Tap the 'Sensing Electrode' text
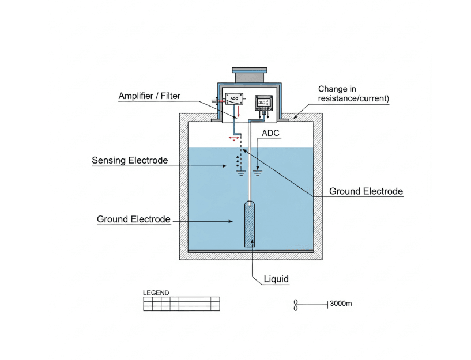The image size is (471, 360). [130, 160]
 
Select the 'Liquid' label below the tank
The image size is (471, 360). [276, 279]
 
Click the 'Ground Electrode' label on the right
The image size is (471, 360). [366, 191]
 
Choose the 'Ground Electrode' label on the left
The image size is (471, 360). [133, 219]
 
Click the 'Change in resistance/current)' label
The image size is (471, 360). [353, 94]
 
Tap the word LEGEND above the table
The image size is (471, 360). [156, 293]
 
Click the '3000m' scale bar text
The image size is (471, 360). [340, 304]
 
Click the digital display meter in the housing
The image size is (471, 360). [263, 101]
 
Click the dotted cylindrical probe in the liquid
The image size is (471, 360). [250, 224]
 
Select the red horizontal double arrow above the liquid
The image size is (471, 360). [233, 138]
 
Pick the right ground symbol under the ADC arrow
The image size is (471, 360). [258, 171]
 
